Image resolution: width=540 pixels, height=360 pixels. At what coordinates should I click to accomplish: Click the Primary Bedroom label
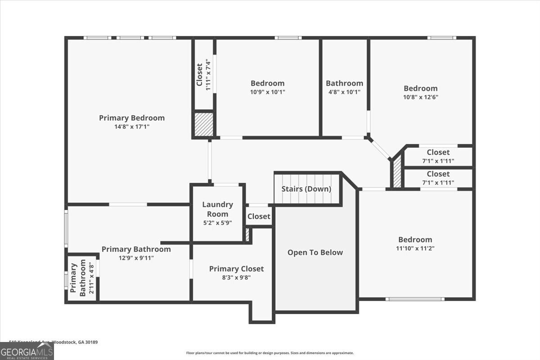coord(132,118)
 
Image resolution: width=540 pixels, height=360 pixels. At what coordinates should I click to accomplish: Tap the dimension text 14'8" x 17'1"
coord(132,127)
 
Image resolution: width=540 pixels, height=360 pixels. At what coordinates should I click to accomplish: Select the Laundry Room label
coord(217,209)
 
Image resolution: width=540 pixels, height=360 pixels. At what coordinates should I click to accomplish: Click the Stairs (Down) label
coord(306,189)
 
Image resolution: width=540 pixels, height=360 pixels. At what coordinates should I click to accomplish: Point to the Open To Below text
coord(315,252)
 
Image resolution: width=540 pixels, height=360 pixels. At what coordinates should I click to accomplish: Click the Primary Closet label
coord(236,269)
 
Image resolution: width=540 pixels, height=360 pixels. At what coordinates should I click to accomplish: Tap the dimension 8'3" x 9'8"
coord(236,278)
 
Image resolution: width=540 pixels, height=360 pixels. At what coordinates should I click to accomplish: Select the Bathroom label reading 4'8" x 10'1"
coord(344,83)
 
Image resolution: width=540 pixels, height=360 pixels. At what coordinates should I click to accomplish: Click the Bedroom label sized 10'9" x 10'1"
coord(267,83)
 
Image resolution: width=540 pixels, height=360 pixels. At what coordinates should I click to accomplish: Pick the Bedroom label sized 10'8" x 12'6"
coord(420,89)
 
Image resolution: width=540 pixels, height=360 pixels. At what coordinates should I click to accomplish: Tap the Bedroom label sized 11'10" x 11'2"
coord(415,240)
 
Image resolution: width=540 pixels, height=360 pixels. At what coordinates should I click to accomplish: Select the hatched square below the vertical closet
coord(203,124)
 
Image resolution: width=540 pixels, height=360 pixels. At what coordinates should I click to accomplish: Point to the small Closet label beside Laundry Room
coord(259,216)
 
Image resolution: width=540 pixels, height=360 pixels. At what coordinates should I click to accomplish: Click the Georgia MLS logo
coord(27,351)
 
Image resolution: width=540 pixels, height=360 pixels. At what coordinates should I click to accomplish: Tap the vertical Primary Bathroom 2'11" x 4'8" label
coord(83,278)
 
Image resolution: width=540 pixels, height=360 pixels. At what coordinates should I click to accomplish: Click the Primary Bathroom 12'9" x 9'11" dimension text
coord(136,258)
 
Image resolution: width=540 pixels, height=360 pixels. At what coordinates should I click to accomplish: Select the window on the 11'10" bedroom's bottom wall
coord(415,299)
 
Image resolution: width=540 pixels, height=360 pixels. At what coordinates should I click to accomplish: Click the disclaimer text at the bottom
coord(270,353)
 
